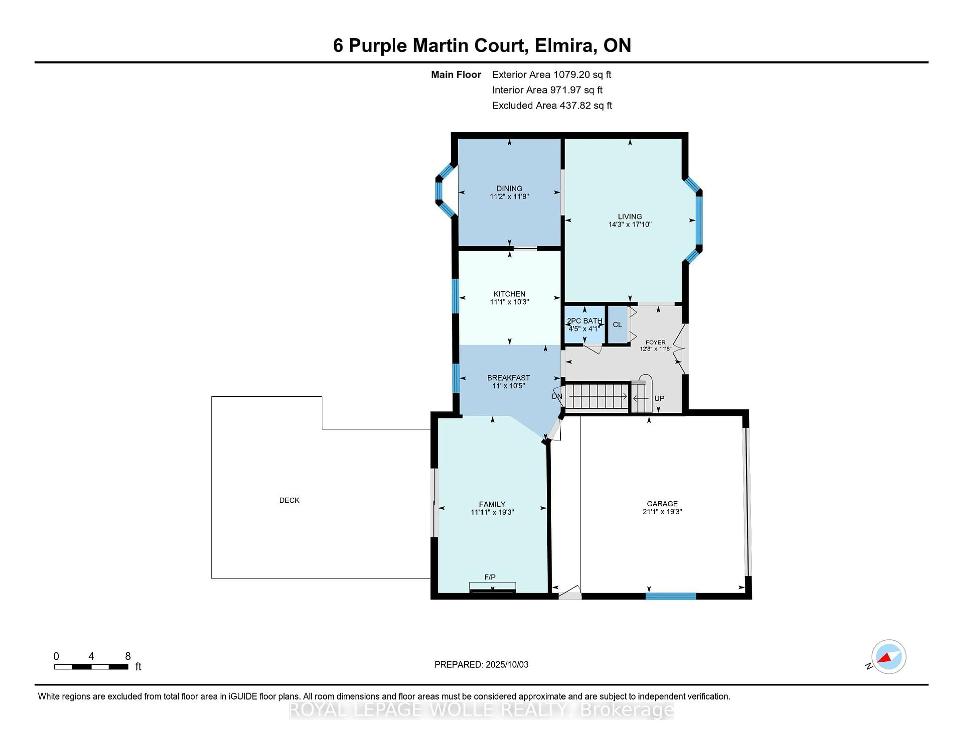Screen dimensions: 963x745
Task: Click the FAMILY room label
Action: [x=492, y=504]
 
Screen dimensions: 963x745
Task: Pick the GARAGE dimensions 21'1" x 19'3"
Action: [x=662, y=512]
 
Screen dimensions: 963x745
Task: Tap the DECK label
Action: [x=289, y=500]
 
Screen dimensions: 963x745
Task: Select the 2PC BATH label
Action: [x=584, y=321]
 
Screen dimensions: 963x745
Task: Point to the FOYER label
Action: [x=655, y=342]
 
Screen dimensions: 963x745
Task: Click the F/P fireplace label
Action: [x=490, y=577]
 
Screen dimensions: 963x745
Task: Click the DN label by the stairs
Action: [x=557, y=396]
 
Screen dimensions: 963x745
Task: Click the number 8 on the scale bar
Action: [x=128, y=656]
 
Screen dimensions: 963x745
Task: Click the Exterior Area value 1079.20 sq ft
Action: [x=583, y=75]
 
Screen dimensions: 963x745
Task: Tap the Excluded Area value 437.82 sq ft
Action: [x=586, y=105]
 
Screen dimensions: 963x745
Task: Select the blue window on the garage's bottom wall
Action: [x=671, y=596]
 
